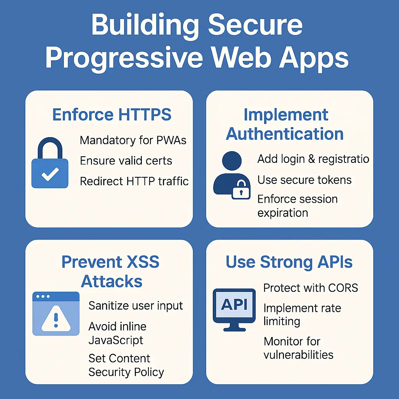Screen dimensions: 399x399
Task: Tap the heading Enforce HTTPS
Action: pyautogui.click(x=112, y=115)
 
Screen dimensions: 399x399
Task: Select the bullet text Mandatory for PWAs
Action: pyautogui.click(x=133, y=140)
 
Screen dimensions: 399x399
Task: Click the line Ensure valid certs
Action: pyautogui.click(x=126, y=161)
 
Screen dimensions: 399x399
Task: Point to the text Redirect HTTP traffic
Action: pyautogui.click(x=134, y=181)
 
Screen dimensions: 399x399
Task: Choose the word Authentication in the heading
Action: pyautogui.click(x=285, y=134)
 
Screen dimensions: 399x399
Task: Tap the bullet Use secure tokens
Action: pyautogui.click(x=304, y=180)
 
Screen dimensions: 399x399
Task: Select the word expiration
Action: pyautogui.click(x=282, y=213)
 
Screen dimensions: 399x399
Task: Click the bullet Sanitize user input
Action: pyautogui.click(x=136, y=306)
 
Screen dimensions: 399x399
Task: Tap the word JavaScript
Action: pyautogui.click(x=116, y=340)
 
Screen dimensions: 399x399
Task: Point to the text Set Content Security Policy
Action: pyautogui.click(x=126, y=365)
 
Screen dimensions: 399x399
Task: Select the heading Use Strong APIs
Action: pyautogui.click(x=289, y=263)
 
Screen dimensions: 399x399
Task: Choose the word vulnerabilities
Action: pyautogui.click(x=298, y=355)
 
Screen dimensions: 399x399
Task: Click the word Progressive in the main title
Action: pyautogui.click(x=124, y=57)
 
